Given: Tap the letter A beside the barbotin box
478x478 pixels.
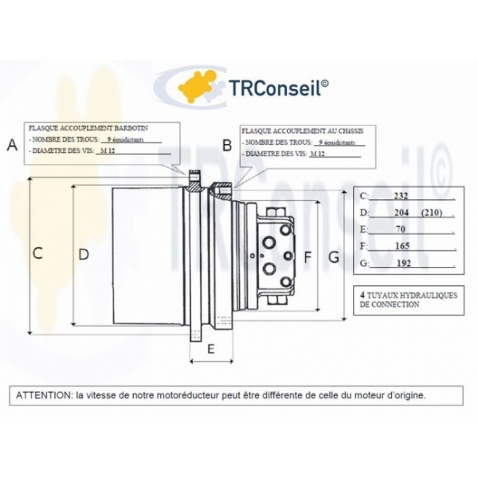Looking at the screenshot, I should pos(11,145).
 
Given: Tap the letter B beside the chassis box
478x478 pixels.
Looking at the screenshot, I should pos(227,145).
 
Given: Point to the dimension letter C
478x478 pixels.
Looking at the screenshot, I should pos(37,253).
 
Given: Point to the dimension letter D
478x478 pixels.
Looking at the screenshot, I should pos(83,253).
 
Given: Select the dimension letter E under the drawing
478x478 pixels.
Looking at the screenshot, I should pos(210,349).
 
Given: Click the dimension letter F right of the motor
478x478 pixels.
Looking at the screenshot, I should pos(308,257).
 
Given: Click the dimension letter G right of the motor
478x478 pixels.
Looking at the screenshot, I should pos(334,257).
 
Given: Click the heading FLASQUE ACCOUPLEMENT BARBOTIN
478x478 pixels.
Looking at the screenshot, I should pos(88,127).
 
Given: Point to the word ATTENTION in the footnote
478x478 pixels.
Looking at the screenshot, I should pos(41,394).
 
